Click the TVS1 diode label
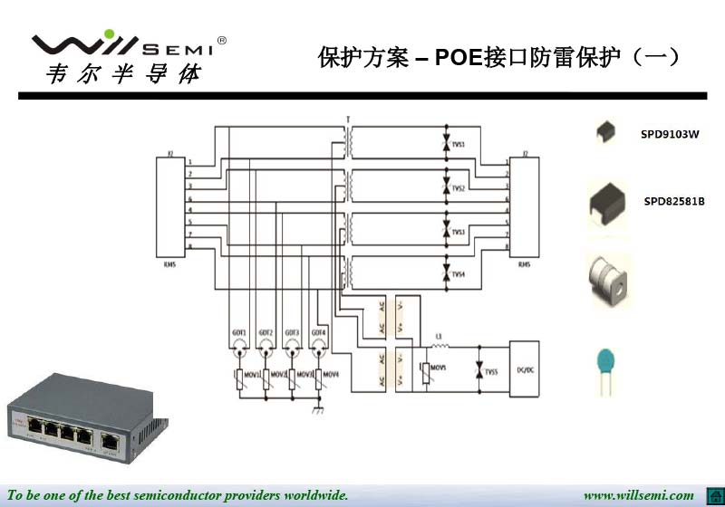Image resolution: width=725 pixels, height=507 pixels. click(x=459, y=145)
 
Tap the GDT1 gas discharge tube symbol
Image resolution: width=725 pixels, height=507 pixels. click(x=239, y=345)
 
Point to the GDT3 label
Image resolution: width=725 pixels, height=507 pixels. click(x=292, y=332)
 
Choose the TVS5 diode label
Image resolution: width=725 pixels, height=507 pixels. click(x=491, y=372)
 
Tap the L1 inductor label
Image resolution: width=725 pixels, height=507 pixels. click(x=439, y=337)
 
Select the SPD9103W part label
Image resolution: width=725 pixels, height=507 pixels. click(x=670, y=135)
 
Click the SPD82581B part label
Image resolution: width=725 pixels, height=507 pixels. click(x=674, y=201)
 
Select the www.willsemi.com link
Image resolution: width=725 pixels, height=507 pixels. click(x=638, y=495)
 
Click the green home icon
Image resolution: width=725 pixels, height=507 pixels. click(x=712, y=495)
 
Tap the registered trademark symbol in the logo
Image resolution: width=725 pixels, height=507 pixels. click(x=222, y=41)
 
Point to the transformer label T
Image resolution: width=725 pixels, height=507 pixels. click(x=348, y=119)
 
